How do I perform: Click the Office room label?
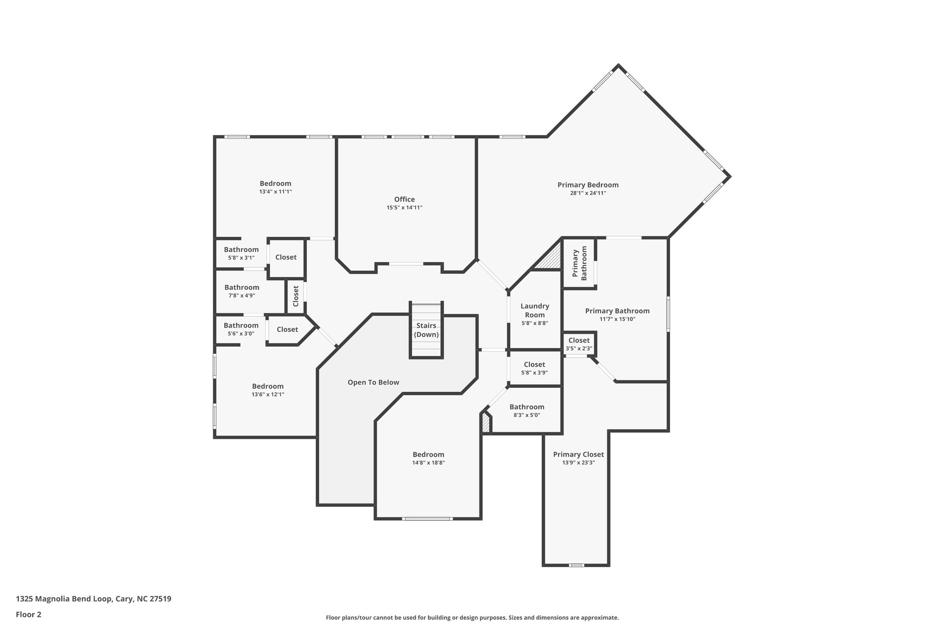[x=404, y=199]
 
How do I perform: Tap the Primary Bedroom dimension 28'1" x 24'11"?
[x=588, y=193]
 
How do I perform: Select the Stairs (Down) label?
[x=426, y=330]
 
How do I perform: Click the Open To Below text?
[x=373, y=382]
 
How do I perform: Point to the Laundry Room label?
[x=535, y=310]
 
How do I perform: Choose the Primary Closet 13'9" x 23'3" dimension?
[x=578, y=462]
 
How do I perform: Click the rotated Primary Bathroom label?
[x=580, y=263]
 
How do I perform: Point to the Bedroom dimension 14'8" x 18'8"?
[x=428, y=463]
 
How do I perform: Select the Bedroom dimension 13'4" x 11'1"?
[x=275, y=192]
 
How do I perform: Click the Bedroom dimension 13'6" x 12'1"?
[x=268, y=395]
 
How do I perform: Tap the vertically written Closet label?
[x=296, y=296]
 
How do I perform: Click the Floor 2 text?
[x=29, y=614]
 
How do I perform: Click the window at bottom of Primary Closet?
[x=576, y=565]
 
